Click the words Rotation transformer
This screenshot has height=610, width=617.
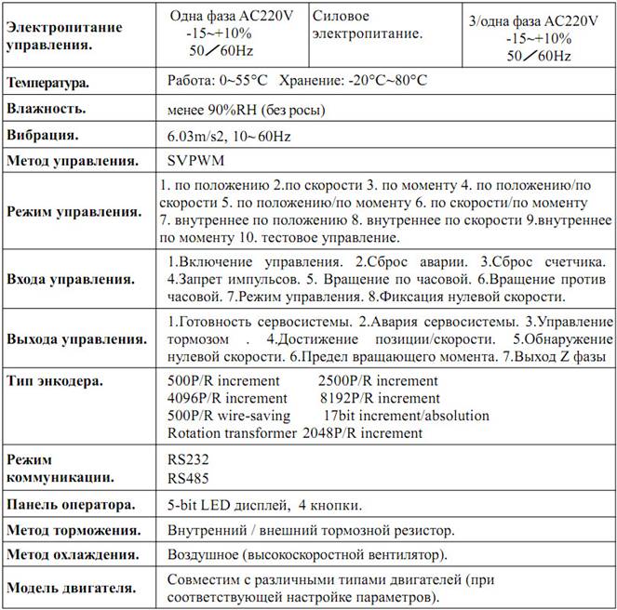pos(226,432)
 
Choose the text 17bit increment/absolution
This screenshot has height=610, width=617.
pos(406,415)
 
